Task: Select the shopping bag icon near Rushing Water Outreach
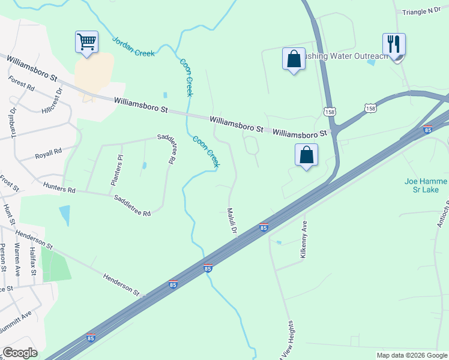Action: click(x=294, y=59)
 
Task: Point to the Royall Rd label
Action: click(x=49, y=152)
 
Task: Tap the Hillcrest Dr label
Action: click(x=52, y=103)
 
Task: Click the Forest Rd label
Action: click(x=21, y=82)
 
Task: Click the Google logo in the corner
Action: click(x=20, y=353)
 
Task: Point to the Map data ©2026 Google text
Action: click(x=411, y=355)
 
